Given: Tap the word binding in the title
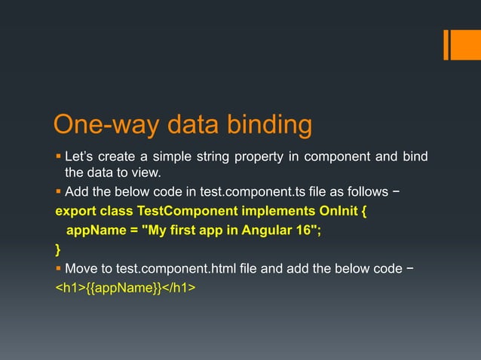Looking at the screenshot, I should [270, 126].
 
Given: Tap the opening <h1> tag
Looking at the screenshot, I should [68, 287].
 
